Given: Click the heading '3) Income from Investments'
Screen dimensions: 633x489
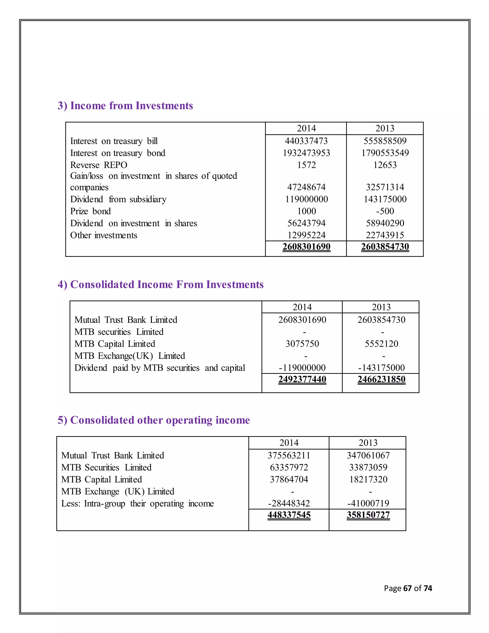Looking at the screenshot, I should tap(125, 106).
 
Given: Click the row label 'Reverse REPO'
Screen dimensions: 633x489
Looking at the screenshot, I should tap(99, 165).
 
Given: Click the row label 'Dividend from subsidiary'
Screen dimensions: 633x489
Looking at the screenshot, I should tap(118, 199).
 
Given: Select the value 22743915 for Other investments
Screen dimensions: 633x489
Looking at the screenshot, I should tap(385, 235).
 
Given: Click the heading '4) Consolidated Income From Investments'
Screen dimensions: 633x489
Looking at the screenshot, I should tap(160, 285).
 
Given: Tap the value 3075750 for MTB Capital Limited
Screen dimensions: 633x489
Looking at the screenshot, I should tap(302, 344).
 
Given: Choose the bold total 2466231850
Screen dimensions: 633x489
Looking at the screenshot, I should tap(381, 379).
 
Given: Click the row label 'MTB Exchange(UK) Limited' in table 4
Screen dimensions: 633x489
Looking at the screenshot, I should tap(129, 356).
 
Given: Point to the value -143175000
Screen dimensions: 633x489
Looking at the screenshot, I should tap(381, 368).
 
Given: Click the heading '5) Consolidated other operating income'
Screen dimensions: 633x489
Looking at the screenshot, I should tap(154, 420).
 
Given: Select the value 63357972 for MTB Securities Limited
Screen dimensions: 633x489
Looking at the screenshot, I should tap(289, 467).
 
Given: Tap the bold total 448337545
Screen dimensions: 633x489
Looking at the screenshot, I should tap(289, 515).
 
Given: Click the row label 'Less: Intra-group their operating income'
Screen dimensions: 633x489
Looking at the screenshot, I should tap(137, 504).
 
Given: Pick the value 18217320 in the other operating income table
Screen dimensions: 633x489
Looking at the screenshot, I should tap(368, 479).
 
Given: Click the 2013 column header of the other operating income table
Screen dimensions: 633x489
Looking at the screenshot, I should tap(368, 443).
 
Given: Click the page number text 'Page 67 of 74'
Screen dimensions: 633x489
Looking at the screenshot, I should tap(408, 588).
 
